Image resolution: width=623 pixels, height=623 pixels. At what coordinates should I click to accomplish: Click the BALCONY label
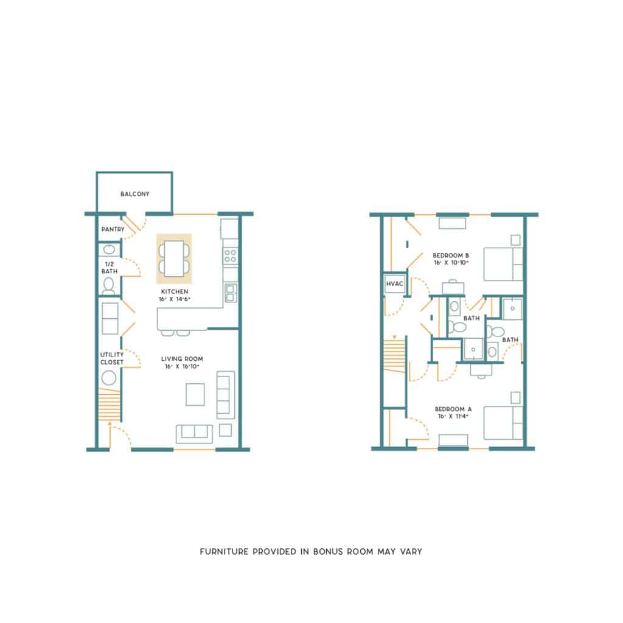134,194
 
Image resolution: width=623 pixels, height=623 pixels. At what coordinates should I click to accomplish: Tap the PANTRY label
113,229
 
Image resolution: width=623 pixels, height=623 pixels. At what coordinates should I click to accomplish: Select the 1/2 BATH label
110,268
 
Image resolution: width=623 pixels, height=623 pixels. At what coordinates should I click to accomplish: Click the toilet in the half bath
108,286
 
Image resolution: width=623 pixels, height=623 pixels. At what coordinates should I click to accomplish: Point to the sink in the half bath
109,249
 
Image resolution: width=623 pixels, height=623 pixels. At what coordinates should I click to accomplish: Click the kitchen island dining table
174,258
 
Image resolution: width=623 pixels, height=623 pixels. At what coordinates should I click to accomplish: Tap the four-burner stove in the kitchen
231,256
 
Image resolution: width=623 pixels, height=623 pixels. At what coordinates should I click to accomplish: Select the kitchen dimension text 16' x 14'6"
175,299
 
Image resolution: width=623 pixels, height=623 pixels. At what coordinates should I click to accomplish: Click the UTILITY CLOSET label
112,358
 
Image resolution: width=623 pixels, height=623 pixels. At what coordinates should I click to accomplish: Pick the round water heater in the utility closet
109,378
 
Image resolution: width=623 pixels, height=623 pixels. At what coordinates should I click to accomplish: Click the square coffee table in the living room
195,394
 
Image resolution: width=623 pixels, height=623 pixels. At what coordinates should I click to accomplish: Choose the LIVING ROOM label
182,359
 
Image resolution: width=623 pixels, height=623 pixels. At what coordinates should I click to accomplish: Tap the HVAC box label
394,284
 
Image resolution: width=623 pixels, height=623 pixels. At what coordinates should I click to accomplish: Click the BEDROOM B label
451,256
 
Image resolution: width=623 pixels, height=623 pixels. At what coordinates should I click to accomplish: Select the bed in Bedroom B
503,264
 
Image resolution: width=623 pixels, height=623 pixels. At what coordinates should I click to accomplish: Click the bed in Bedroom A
503,423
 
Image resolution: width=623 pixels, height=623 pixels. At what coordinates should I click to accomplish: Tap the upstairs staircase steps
394,355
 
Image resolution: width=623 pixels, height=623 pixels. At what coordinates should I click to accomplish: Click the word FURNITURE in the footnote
224,551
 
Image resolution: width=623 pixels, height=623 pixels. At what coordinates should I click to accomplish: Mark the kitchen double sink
231,293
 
